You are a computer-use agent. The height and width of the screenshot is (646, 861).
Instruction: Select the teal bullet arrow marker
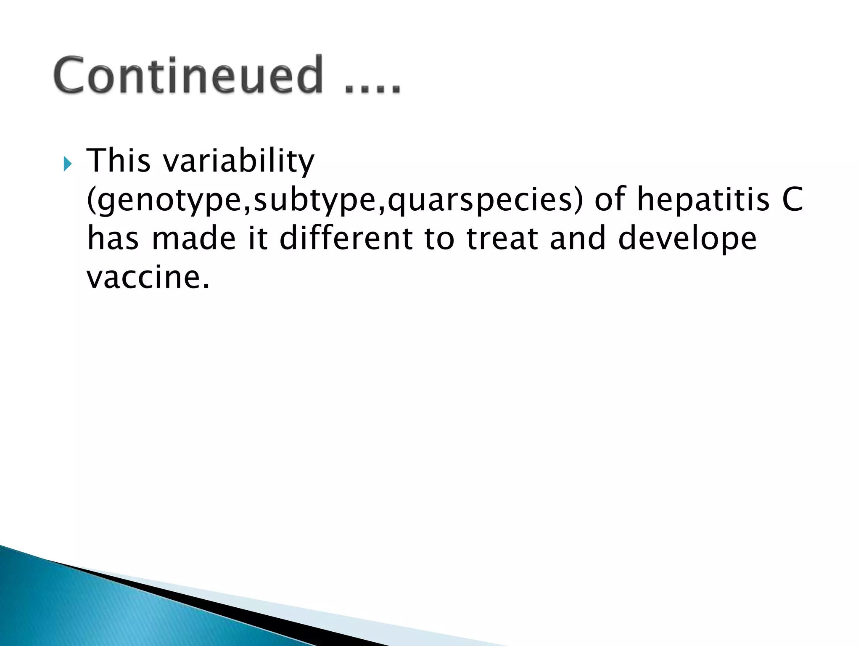click(68, 164)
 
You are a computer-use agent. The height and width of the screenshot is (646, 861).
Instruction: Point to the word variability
click(239, 161)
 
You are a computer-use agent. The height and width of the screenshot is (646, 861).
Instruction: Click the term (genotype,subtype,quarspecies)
click(335, 200)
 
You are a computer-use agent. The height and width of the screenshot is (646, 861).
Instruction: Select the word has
click(113, 238)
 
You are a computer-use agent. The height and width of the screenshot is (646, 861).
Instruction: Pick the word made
click(194, 238)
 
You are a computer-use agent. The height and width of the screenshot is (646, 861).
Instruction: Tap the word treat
click(503, 238)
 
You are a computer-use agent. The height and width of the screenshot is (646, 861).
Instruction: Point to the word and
click(578, 238)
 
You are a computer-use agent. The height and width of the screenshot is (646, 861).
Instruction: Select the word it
click(258, 238)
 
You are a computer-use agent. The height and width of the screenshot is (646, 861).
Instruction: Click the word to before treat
click(440, 238)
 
